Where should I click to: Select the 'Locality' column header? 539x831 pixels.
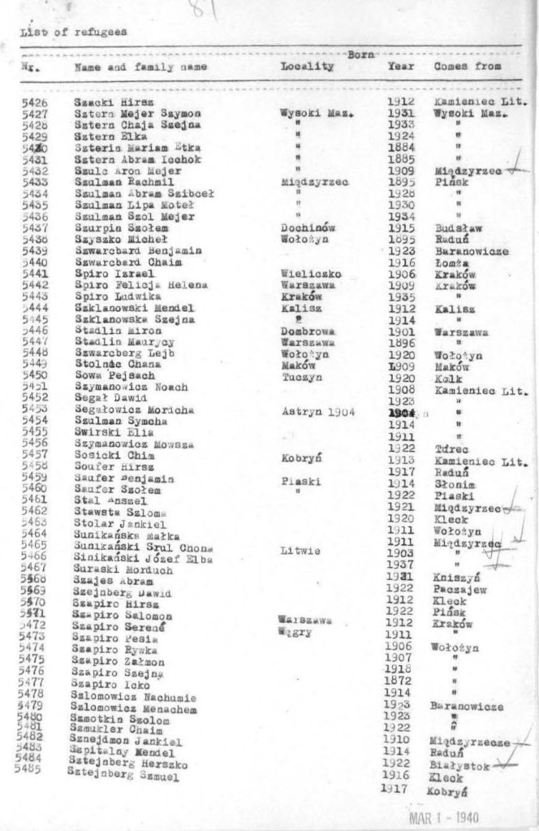(x=307, y=67)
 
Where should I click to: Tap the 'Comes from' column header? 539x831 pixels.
(x=468, y=66)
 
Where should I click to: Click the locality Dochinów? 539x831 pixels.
(x=302, y=229)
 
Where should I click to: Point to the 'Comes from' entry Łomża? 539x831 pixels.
(x=449, y=263)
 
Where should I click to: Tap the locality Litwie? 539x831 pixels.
(x=300, y=551)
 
